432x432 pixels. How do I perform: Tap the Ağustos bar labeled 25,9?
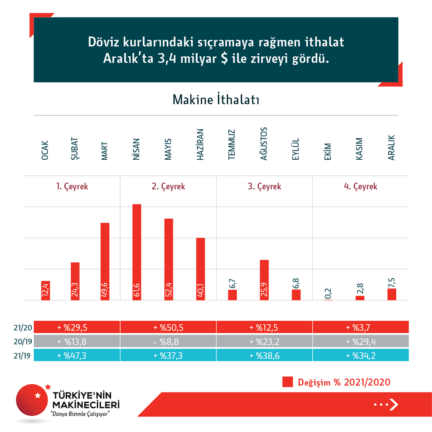pos(264,280)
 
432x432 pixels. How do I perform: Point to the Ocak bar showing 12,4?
pos(46,290)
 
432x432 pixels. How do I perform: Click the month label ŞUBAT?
pos(75,149)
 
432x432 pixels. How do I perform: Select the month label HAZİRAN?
pos(201,145)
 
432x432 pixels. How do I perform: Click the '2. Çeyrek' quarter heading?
pos(168,186)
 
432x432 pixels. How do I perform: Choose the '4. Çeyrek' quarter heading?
pos(360,186)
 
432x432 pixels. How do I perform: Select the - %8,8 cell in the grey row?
pos(168,341)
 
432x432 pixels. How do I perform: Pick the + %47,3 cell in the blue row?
pos(72,355)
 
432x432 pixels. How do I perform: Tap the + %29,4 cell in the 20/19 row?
pos(360,341)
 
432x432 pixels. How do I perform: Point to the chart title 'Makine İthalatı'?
pos(216,100)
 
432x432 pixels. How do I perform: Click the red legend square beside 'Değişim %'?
pos(288,382)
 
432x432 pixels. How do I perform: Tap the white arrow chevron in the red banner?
pos(394,405)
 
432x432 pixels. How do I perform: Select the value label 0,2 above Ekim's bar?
pos(328,293)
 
